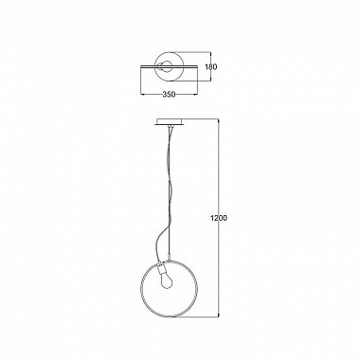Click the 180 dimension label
pos(211,67)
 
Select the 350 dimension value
pos(169,95)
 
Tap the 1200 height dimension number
pos(219,218)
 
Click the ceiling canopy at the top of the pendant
pos(169,122)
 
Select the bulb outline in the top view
pos(166,66)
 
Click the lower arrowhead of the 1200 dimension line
pos(219,316)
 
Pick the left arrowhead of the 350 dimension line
pos(143,94)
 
